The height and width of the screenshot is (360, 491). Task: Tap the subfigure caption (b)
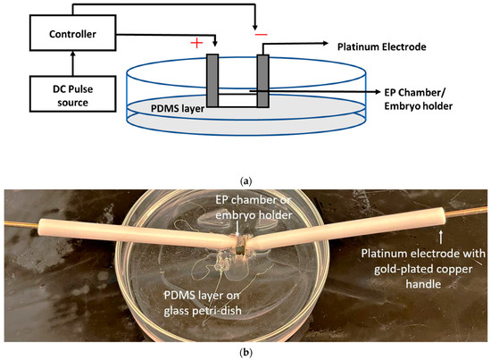click(245, 352)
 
